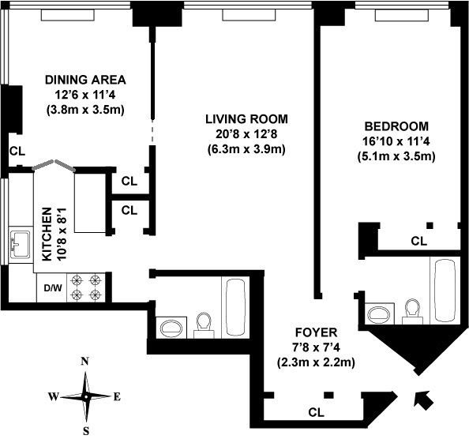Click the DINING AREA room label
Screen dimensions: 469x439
[85, 80]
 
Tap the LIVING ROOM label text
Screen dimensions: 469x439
[246, 119]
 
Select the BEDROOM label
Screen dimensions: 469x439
[396, 126]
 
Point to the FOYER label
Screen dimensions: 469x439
[316, 332]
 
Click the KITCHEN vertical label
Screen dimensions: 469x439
[47, 235]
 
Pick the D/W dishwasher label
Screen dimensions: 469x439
[53, 288]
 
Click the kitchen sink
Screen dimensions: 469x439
[21, 244]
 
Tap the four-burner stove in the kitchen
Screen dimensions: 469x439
[86, 287]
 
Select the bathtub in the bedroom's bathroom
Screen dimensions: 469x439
[445, 291]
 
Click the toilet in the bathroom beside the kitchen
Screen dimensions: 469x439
[204, 325]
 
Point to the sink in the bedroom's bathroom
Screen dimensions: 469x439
[379, 313]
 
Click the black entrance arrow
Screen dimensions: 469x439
[423, 400]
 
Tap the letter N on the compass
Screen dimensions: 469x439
[85, 362]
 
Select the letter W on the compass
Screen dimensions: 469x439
[54, 397]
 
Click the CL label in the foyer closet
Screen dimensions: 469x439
[316, 413]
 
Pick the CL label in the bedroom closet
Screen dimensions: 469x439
[419, 241]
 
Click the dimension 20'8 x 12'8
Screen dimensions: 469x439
[246, 134]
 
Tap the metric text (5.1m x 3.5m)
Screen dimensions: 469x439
[396, 156]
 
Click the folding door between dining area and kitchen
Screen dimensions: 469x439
[54, 165]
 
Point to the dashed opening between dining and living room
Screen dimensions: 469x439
[153, 133]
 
